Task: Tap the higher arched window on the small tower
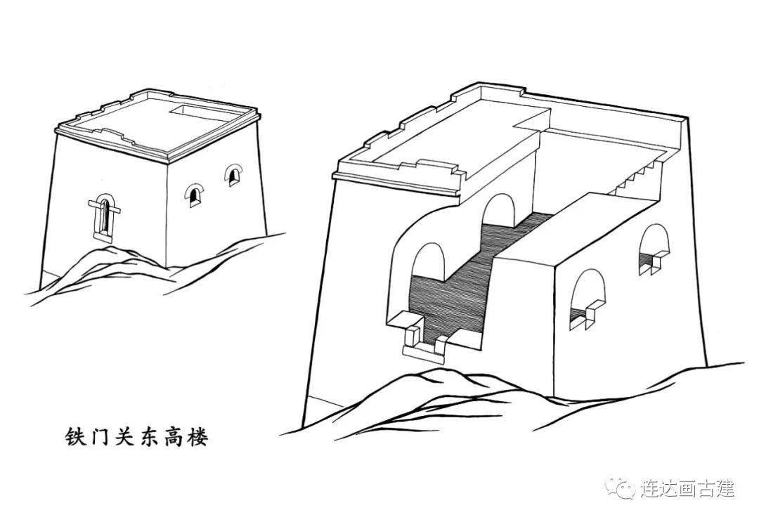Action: pyautogui.click(x=233, y=175)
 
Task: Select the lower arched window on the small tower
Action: pyautogui.click(x=194, y=195)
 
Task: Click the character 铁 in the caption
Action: pyautogui.click(x=75, y=436)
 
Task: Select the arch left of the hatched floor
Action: pyautogui.click(x=429, y=262)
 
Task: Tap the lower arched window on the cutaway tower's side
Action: pyautogui.click(x=587, y=300)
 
